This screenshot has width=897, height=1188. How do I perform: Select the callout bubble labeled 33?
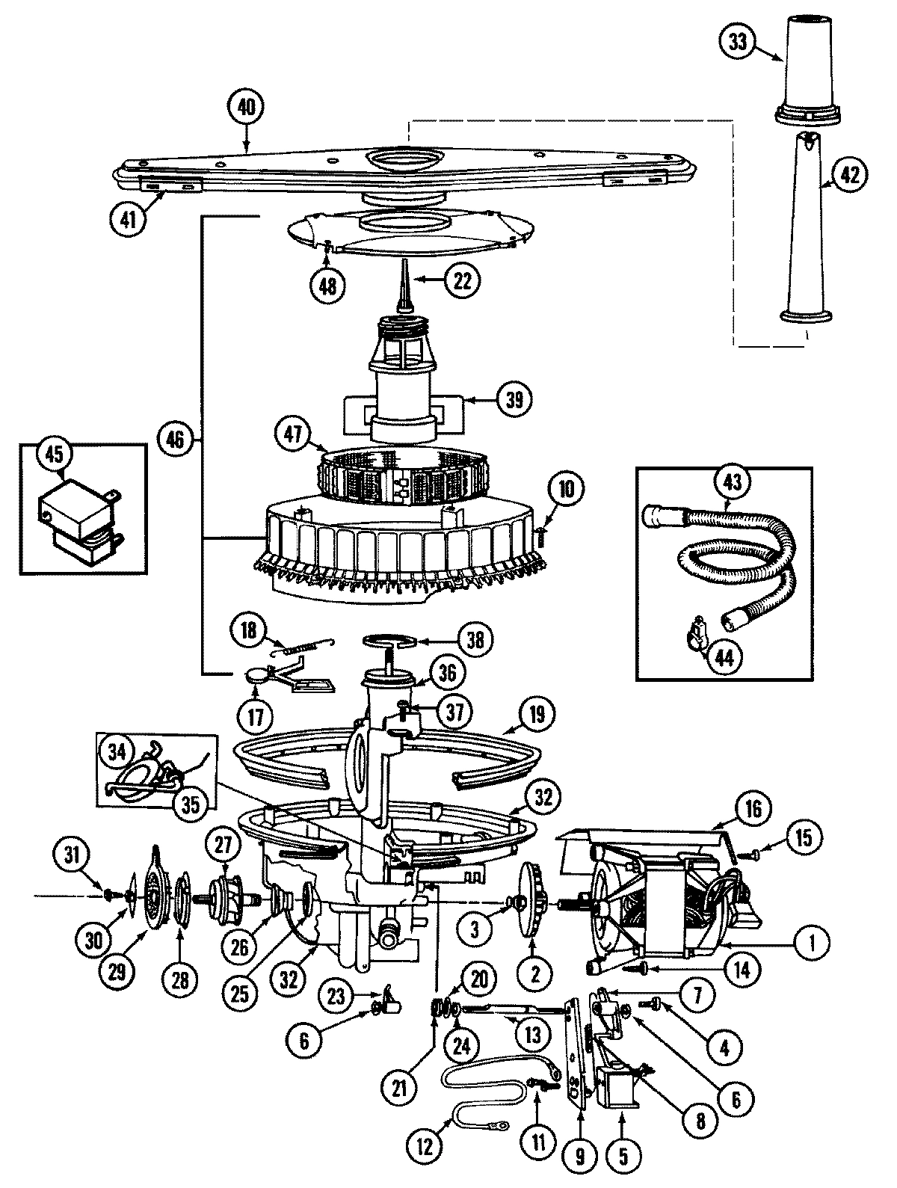coord(738,43)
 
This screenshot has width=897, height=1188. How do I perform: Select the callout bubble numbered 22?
coord(462,280)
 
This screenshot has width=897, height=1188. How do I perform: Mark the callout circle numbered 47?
coord(293,435)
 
